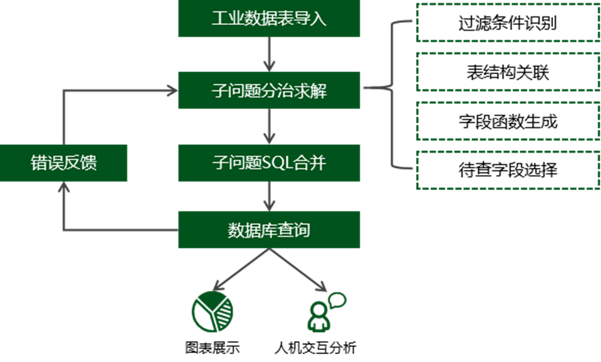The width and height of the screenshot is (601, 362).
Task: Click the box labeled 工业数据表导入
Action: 269,18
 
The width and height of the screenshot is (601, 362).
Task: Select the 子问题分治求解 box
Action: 269,91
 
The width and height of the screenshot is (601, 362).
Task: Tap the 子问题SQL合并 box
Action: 269,163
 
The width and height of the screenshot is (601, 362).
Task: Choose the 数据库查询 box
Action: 269,230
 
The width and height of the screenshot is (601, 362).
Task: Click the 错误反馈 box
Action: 64,163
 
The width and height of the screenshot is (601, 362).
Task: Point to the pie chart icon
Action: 212,310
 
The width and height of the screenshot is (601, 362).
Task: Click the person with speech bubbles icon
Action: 325,311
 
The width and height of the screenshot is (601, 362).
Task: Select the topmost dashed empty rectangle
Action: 508,23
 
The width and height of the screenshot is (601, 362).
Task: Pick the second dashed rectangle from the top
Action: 508,71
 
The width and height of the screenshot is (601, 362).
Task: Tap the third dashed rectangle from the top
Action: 508,121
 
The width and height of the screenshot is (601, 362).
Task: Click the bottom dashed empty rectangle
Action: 508,170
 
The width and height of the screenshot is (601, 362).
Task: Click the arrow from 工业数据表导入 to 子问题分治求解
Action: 269,54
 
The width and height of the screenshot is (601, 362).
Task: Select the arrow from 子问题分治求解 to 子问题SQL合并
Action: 269,127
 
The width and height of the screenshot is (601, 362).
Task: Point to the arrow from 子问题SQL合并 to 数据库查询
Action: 269,196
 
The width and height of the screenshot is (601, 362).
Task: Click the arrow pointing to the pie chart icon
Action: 239,270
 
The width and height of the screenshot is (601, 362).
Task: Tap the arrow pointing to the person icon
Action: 299,270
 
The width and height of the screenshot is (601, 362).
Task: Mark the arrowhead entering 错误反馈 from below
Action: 63,189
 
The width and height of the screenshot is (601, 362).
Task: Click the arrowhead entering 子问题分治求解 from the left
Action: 172,91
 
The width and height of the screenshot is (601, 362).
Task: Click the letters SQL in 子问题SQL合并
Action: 278,163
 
